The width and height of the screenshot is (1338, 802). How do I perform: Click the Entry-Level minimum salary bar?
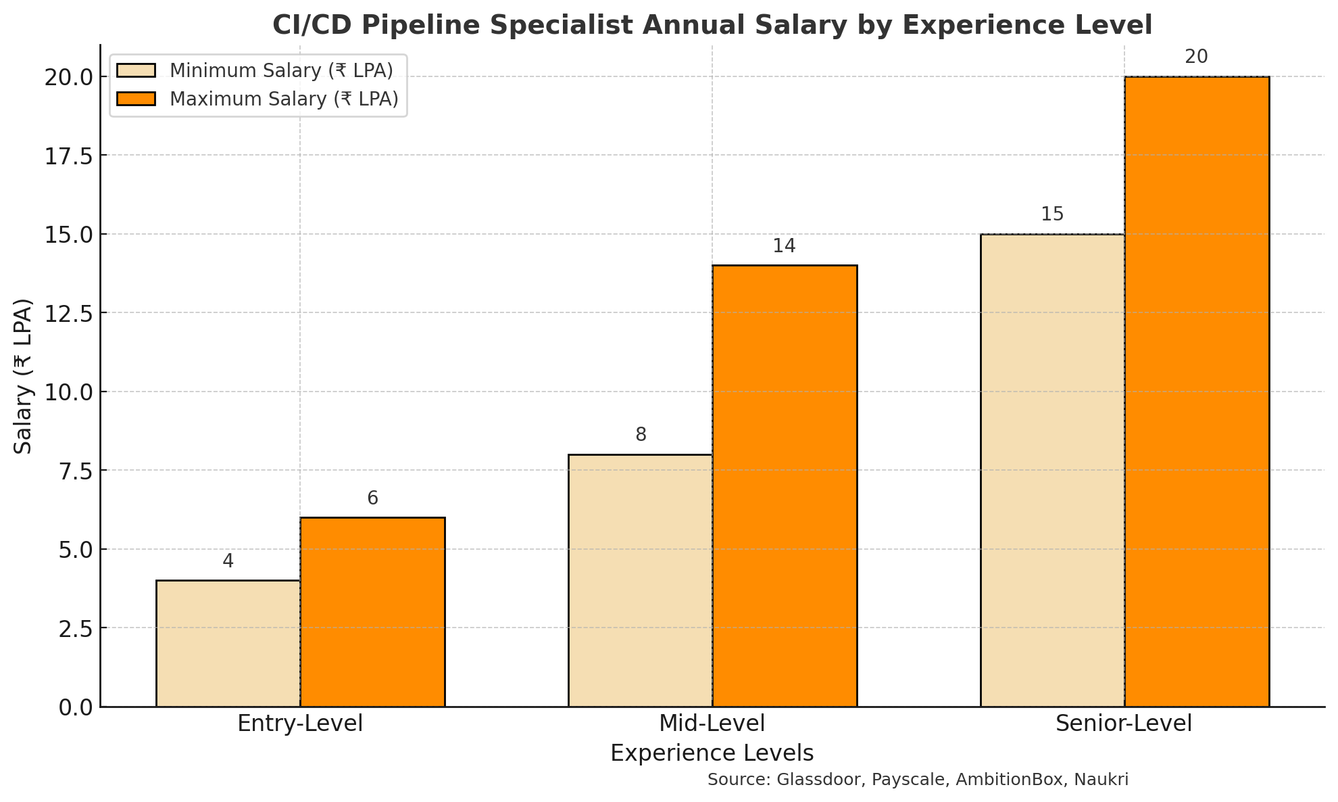pyautogui.click(x=228, y=643)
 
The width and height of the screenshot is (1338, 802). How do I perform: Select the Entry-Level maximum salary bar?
pyautogui.click(x=372, y=612)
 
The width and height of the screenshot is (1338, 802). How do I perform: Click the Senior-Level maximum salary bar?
pyautogui.click(x=1197, y=392)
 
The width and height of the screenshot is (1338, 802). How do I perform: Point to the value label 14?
pyautogui.click(x=784, y=246)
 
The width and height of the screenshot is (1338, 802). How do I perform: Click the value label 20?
pyautogui.click(x=1196, y=57)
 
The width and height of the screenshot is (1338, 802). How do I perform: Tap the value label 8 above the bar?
pyautogui.click(x=641, y=435)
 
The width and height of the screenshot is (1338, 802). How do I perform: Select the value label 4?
pyautogui.click(x=228, y=561)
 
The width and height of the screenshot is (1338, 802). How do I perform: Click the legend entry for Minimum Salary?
pyautogui.click(x=280, y=70)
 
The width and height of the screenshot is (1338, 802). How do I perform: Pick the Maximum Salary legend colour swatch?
pyautogui.click(x=136, y=99)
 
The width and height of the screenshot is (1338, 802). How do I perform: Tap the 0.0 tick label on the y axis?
pyautogui.click(x=76, y=707)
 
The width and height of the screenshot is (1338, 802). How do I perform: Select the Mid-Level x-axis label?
pyautogui.click(x=712, y=724)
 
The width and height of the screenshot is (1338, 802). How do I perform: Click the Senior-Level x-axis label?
pyautogui.click(x=1124, y=724)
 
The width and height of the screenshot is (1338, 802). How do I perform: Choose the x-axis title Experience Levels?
pyautogui.click(x=712, y=753)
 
